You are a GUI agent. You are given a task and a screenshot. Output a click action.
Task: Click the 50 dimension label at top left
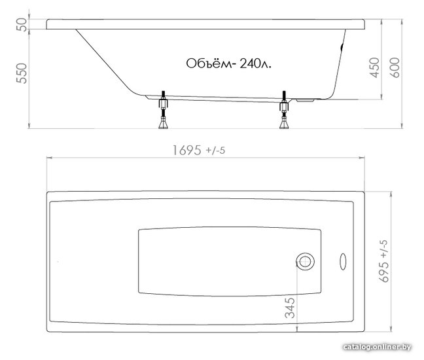pos(22,25)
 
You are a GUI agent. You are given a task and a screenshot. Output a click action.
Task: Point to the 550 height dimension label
pos(22,73)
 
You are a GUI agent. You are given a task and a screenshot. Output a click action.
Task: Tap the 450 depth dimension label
pos(375,67)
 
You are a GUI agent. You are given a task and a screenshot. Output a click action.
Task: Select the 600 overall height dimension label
pos(395,67)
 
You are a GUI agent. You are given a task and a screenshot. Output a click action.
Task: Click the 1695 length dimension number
pos(187,151)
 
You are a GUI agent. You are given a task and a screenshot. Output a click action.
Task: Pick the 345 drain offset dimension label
pos(290,308)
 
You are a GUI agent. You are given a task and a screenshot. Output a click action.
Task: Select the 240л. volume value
pos(255,64)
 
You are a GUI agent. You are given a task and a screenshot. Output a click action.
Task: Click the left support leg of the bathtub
pos(164,110)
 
